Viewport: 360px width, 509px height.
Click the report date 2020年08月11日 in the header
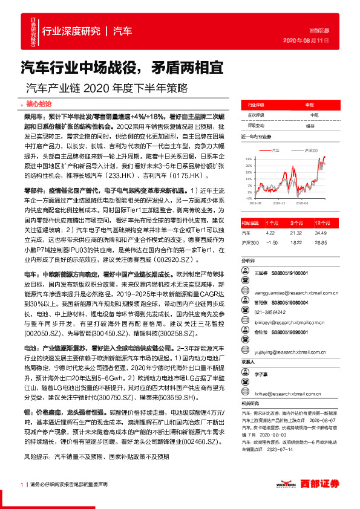tap(305, 41)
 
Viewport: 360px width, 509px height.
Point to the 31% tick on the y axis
tap(249, 158)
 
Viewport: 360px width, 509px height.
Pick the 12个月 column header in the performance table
tap(322, 222)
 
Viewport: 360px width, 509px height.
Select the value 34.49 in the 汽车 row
tap(322, 232)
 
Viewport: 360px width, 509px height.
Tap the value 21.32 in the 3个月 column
tap(295, 232)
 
